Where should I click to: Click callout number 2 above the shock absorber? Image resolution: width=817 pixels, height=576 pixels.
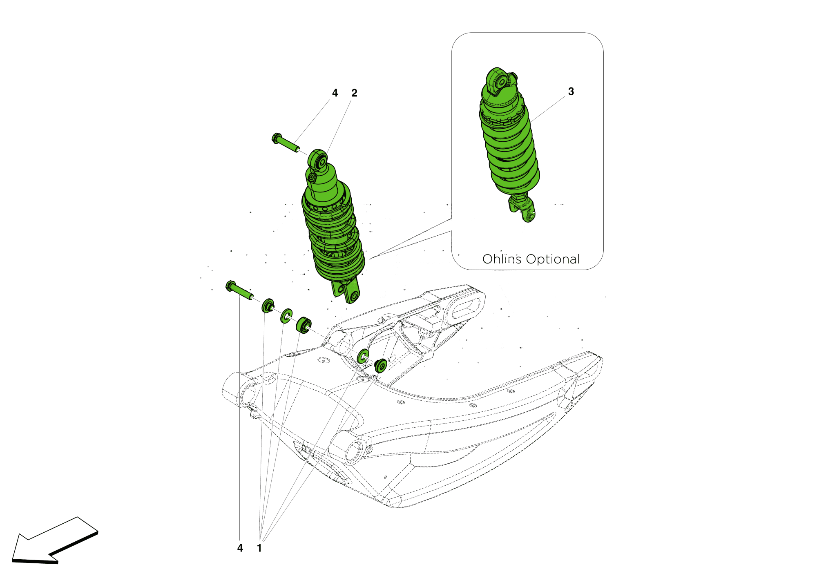click(x=354, y=93)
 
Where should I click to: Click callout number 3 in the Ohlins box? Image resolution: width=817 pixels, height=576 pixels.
click(x=571, y=92)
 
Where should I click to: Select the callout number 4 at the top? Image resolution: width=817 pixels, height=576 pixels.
click(x=335, y=93)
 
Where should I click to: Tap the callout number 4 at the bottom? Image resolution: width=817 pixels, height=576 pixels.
click(x=240, y=548)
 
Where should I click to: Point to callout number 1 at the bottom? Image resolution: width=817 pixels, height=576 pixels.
click(x=259, y=548)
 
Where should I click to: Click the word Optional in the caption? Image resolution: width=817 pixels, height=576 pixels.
click(x=553, y=259)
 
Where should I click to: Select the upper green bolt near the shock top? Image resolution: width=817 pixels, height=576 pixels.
click(x=285, y=143)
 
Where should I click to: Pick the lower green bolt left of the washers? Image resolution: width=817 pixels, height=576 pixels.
click(x=239, y=290)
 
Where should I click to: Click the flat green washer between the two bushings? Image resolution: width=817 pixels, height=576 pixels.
click(x=286, y=316)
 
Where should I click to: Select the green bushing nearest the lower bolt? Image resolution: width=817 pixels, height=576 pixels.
click(x=268, y=306)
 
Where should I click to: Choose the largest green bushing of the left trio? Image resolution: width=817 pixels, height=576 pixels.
click(x=304, y=325)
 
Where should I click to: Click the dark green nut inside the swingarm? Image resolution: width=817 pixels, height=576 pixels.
click(x=381, y=366)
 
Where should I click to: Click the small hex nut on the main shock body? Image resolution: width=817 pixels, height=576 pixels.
click(x=312, y=178)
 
